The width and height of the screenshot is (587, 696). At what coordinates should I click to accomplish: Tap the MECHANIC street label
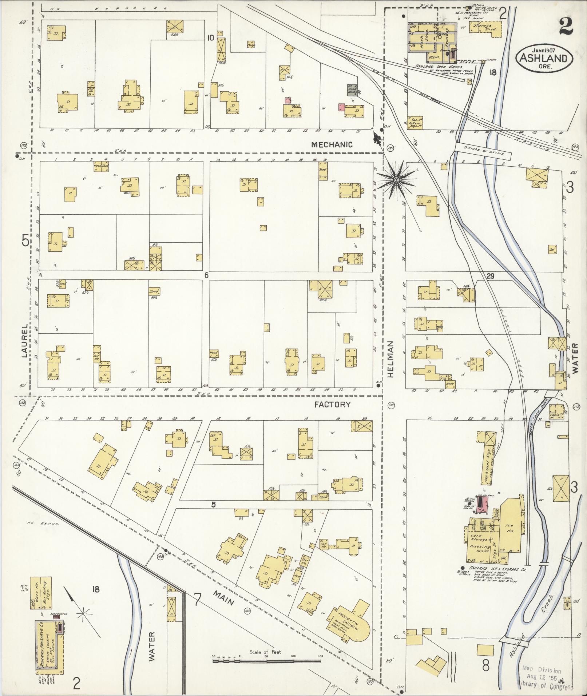332,144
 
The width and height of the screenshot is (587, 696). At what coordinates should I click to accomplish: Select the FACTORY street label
332,404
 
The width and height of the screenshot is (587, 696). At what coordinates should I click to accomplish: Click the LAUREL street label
24,341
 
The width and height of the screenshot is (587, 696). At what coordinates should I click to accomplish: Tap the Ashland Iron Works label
439,67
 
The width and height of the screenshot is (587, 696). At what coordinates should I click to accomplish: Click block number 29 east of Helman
491,277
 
